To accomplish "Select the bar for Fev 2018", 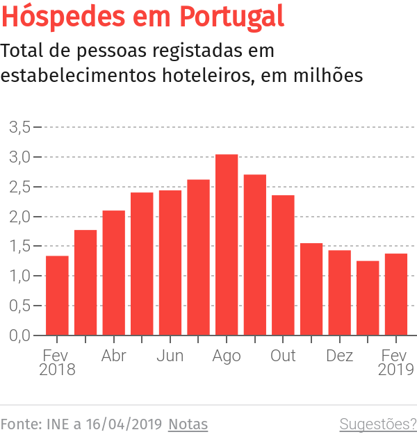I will (57, 295).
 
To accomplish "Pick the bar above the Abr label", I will (113, 272).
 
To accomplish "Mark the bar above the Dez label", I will (340, 292).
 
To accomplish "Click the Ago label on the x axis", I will (227, 356).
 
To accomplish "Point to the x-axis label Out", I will (283, 356).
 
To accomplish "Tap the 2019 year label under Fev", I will (396, 370).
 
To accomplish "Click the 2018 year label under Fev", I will (57, 370).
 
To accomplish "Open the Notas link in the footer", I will (188, 424).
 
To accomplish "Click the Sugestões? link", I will (377, 424).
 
